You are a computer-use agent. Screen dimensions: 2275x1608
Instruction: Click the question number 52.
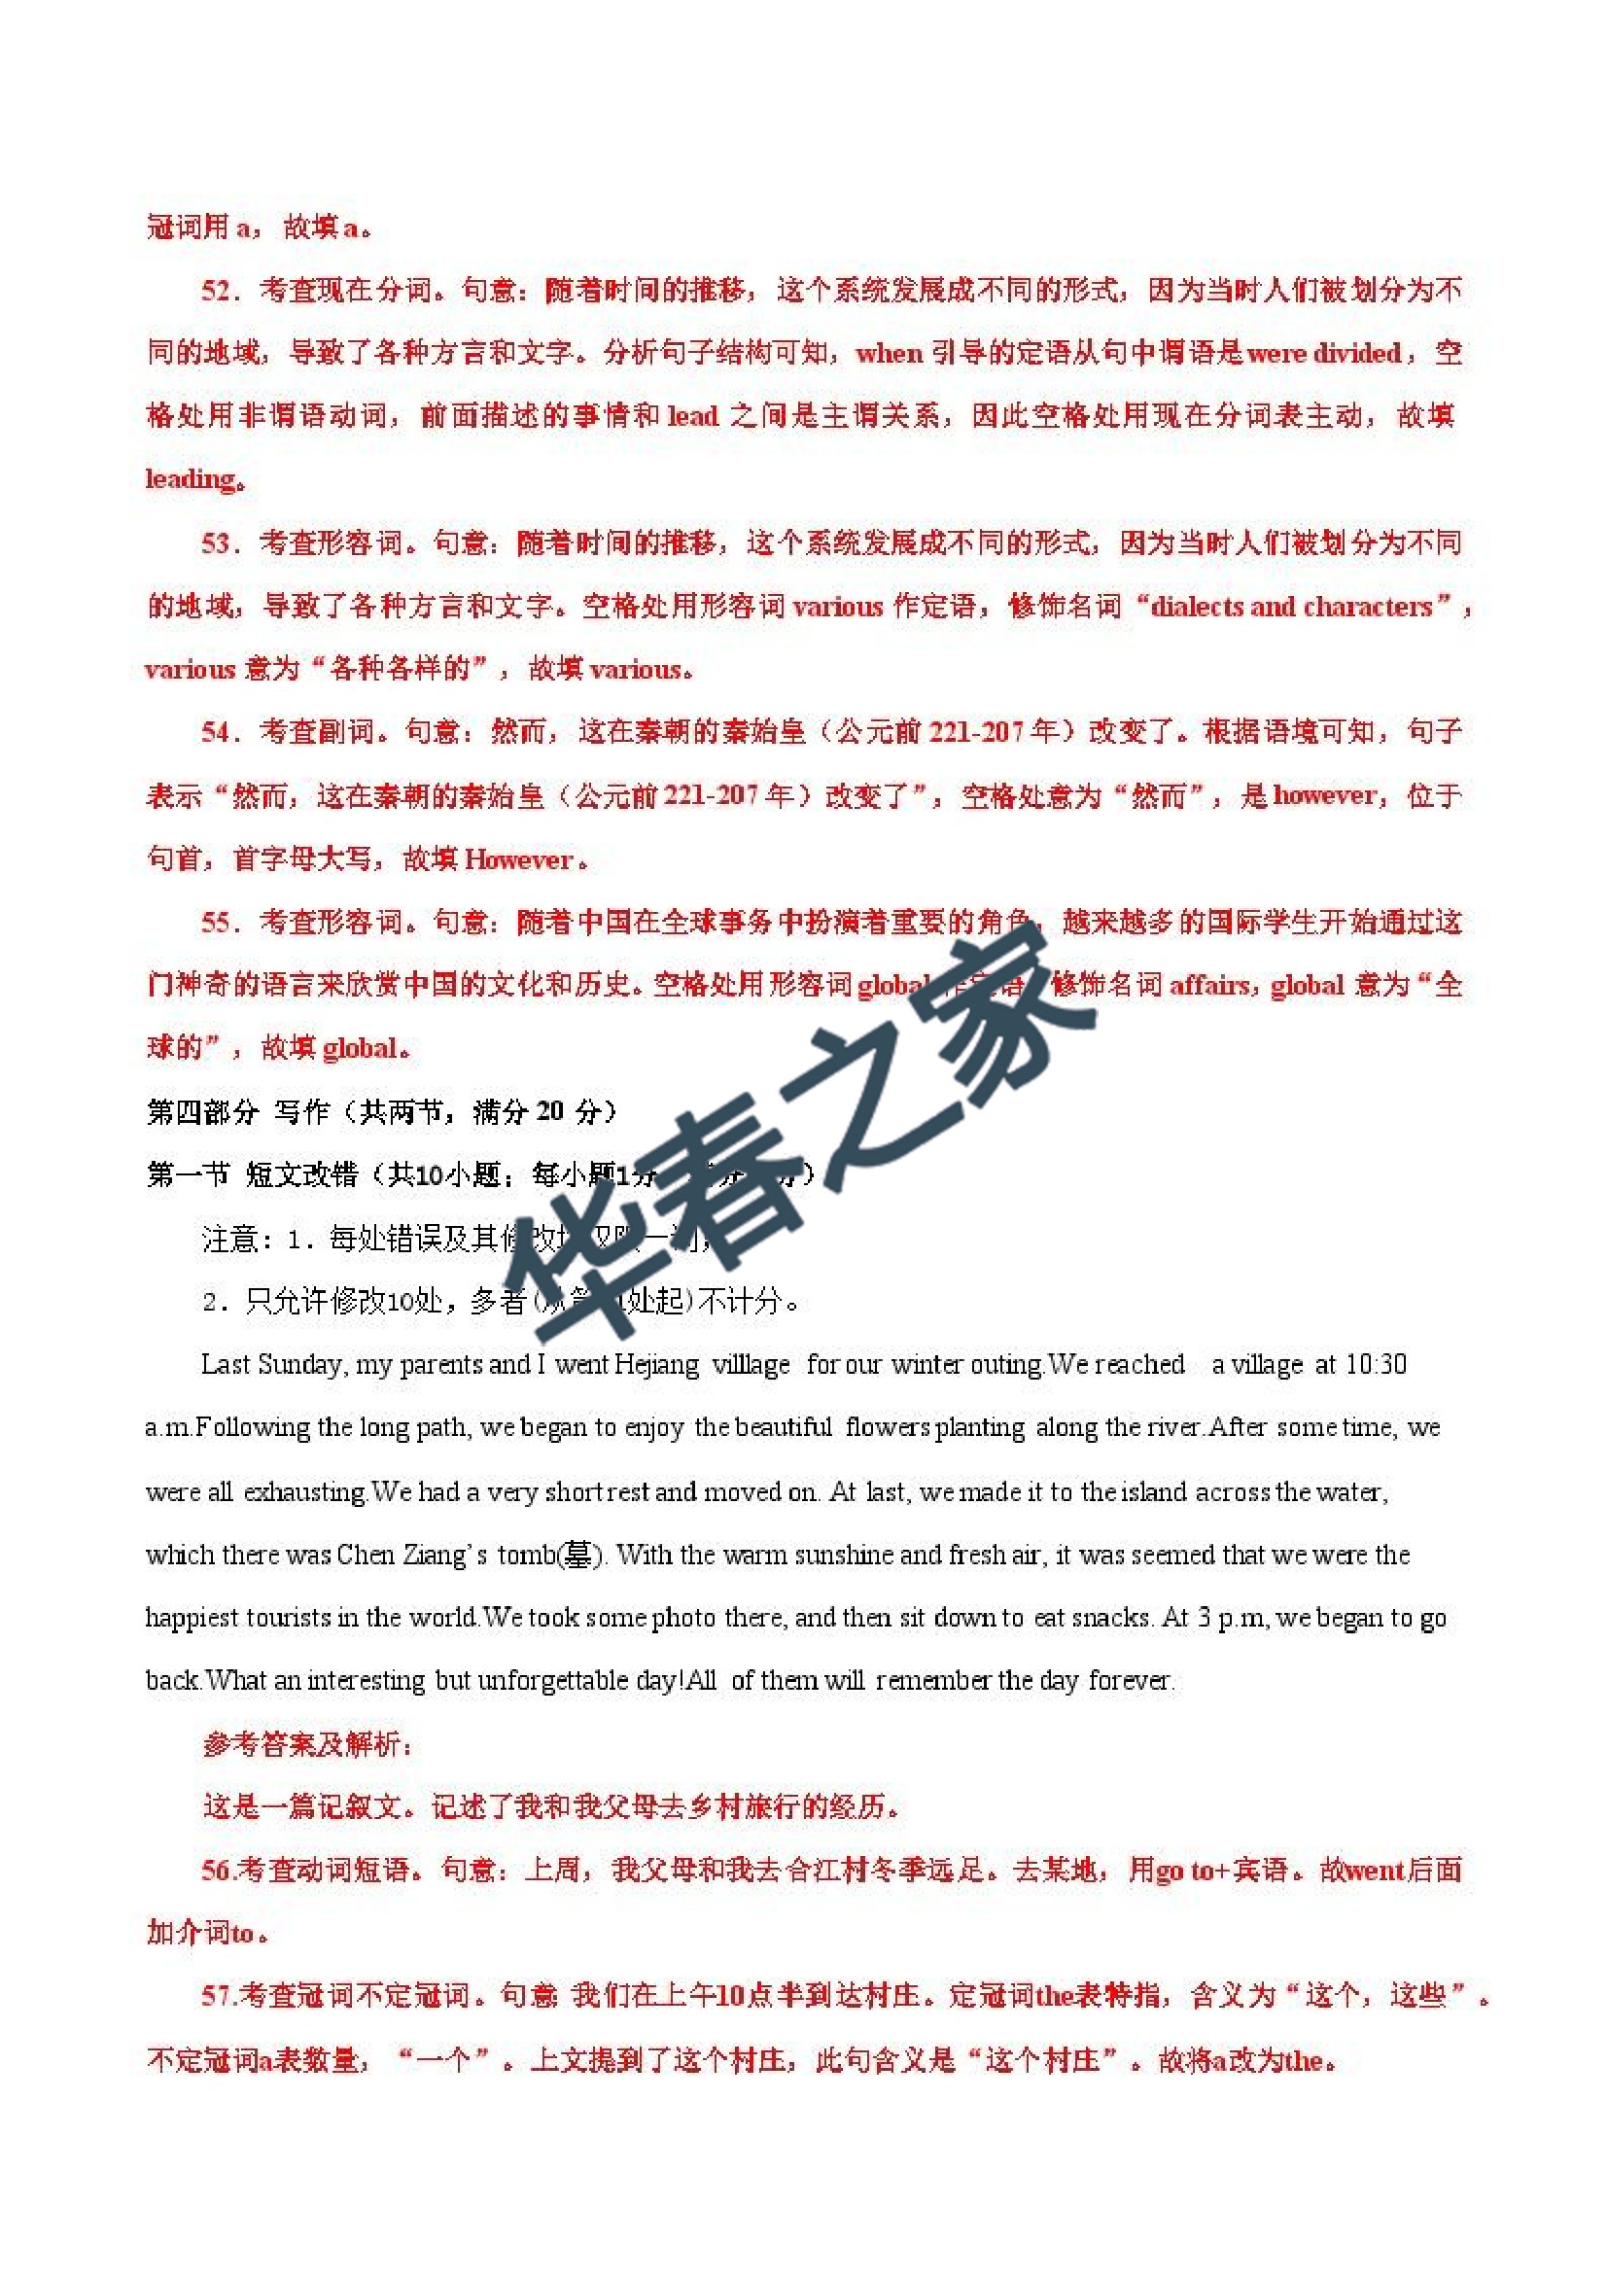point(216,291)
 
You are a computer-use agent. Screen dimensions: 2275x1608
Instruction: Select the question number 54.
point(216,732)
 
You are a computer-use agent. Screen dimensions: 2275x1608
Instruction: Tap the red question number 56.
point(217,1870)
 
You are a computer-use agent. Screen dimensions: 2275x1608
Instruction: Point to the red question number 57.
point(217,1995)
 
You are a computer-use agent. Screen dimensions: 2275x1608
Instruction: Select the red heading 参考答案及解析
point(307,1744)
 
